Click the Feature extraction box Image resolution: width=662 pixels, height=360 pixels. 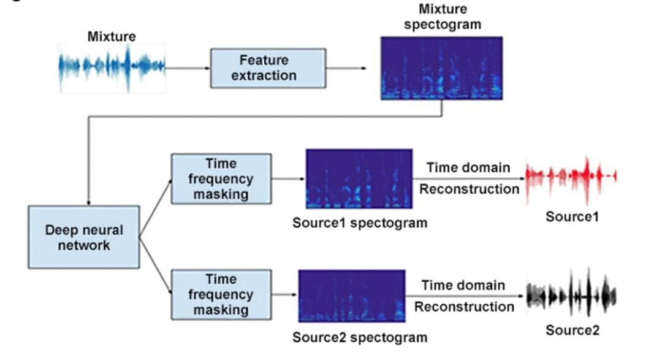click(x=268, y=68)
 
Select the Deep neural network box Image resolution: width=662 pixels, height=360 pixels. click(x=84, y=237)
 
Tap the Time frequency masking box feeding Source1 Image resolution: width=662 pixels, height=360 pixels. click(x=221, y=179)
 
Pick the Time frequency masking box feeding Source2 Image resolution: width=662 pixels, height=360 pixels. click(x=221, y=295)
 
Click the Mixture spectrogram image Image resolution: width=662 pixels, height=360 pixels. click(x=441, y=68)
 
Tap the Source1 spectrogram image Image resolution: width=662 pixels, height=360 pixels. click(x=359, y=179)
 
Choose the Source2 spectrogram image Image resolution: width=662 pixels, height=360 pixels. click(x=352, y=296)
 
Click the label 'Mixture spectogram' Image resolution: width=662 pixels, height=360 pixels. click(x=443, y=17)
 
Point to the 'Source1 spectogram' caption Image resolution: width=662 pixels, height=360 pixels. click(x=359, y=223)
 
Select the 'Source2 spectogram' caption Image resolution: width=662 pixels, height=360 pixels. click(x=359, y=337)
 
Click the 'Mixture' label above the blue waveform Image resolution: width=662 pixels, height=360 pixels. click(x=112, y=36)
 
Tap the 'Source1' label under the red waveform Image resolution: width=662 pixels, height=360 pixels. click(x=572, y=216)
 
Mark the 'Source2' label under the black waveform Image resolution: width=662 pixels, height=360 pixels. click(x=573, y=331)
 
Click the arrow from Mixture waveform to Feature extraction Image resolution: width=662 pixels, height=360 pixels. click(x=188, y=68)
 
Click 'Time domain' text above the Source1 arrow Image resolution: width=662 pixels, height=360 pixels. click(x=468, y=167)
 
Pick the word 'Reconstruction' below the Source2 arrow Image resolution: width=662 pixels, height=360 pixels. click(x=464, y=307)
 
